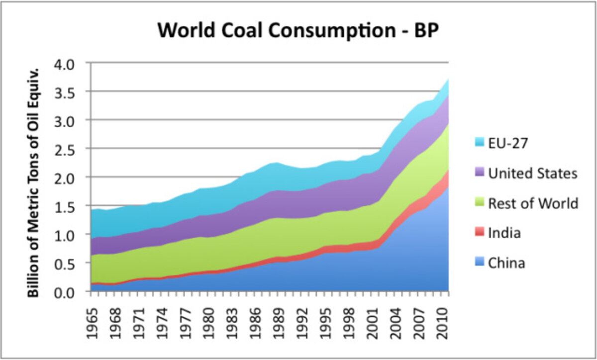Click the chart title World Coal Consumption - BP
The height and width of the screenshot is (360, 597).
pyautogui.click(x=298, y=30)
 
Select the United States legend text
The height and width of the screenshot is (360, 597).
pyautogui.click(x=533, y=173)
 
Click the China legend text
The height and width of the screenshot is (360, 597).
pyautogui.click(x=506, y=263)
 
